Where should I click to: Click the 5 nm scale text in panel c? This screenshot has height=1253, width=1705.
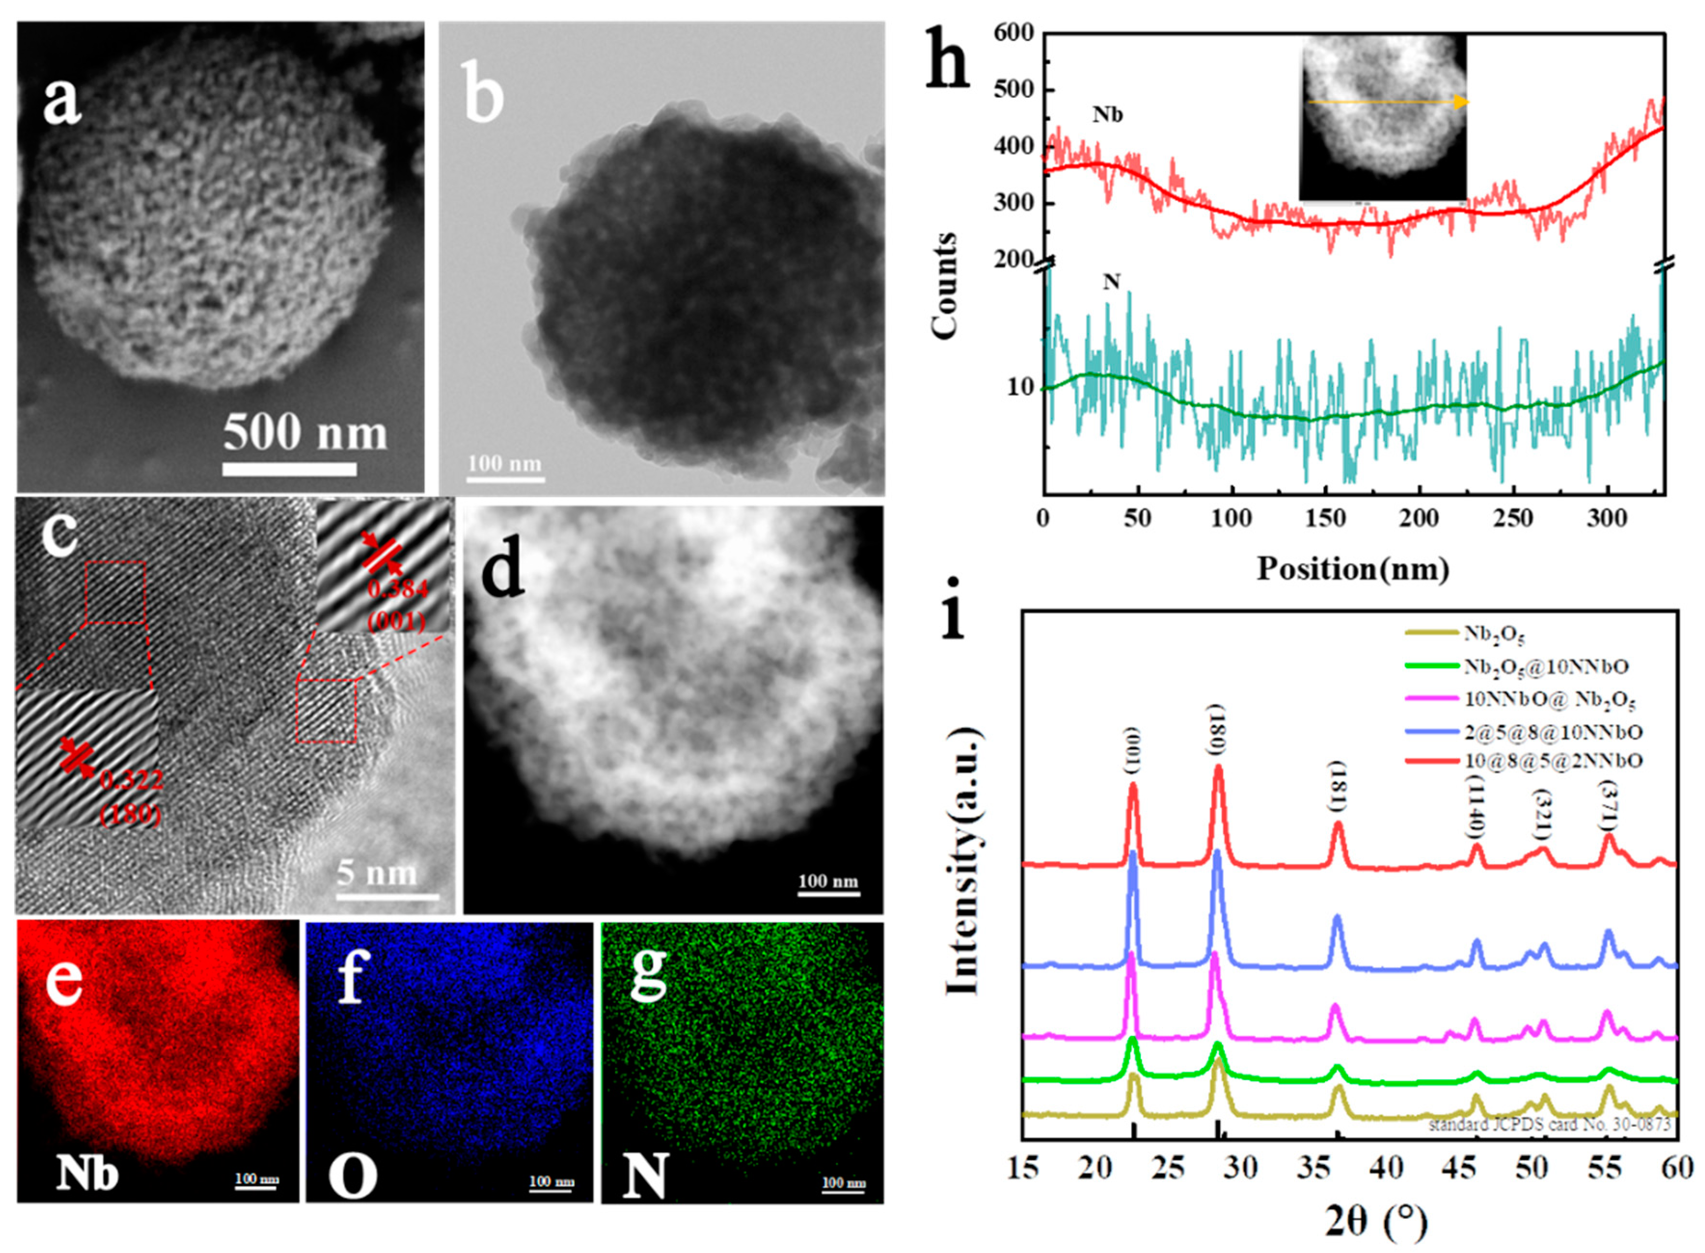(x=377, y=873)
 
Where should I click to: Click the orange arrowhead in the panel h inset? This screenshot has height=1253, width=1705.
(x=1460, y=102)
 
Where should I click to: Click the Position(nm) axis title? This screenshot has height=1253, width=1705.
(x=1353, y=568)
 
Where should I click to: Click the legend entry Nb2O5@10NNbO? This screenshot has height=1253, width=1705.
(x=1546, y=667)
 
